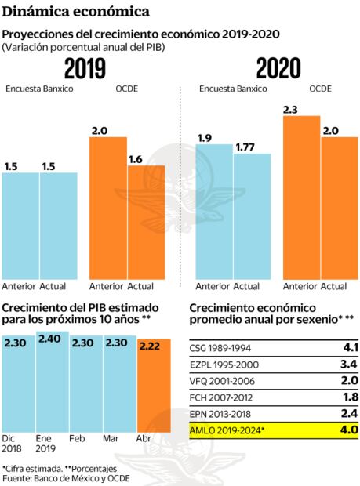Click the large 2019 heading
(x=85, y=70)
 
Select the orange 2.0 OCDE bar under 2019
(x=107, y=208)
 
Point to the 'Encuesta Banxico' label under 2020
(x=233, y=89)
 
